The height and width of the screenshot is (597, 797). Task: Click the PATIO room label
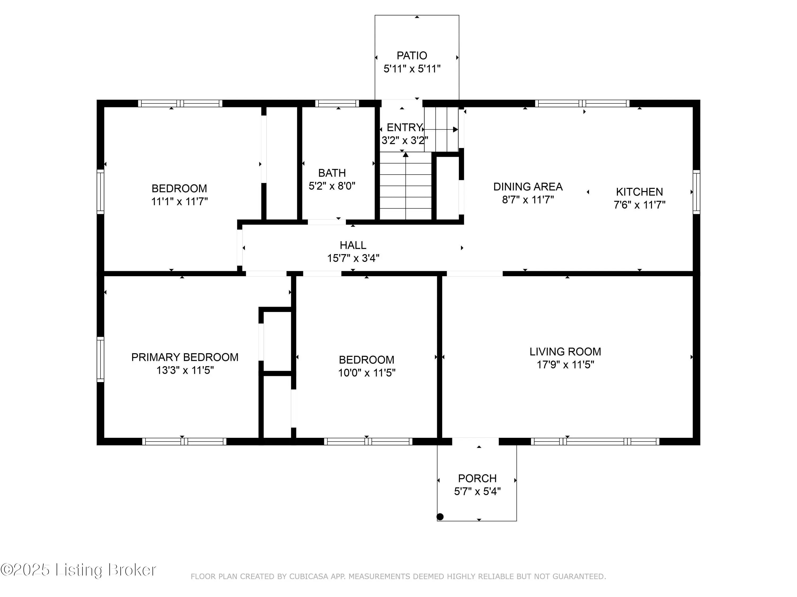[412, 55]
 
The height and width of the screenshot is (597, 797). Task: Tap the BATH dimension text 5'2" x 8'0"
[332, 186]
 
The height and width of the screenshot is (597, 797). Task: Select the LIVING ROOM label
[565, 352]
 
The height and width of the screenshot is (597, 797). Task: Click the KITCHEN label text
[639, 192]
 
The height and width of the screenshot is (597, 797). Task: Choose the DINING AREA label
[528, 187]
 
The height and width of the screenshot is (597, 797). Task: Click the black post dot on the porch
[440, 517]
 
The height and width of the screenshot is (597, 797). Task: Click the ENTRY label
[404, 127]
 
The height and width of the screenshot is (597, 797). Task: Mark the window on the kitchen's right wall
[697, 192]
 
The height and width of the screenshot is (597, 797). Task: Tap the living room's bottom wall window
[595, 442]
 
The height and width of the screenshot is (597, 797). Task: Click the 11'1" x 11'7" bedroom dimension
[179, 201]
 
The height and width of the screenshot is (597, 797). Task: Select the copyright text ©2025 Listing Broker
[78, 570]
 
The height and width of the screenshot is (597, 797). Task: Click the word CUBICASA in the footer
[308, 577]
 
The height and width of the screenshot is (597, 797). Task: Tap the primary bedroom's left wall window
[100, 359]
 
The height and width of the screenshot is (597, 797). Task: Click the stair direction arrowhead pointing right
[455, 129]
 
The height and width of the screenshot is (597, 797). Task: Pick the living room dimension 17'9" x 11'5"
[565, 365]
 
